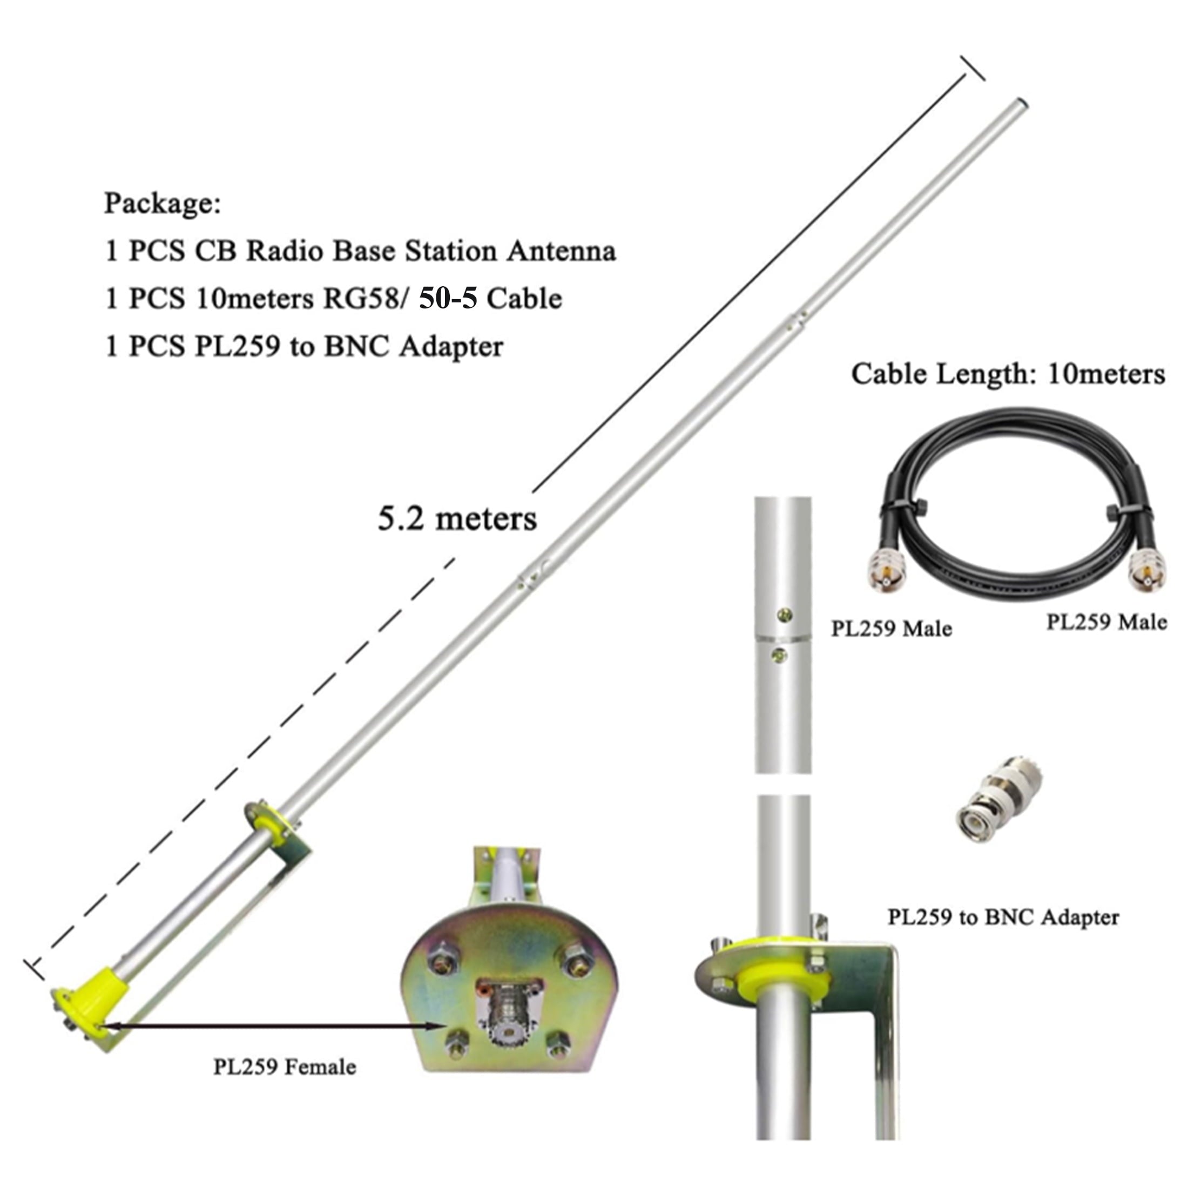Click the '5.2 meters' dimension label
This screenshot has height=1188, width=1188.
point(457,518)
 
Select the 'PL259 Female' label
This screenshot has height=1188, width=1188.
point(285,1066)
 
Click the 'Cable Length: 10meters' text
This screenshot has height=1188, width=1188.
point(1008,374)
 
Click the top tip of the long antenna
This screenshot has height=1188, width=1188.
point(1022,103)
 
